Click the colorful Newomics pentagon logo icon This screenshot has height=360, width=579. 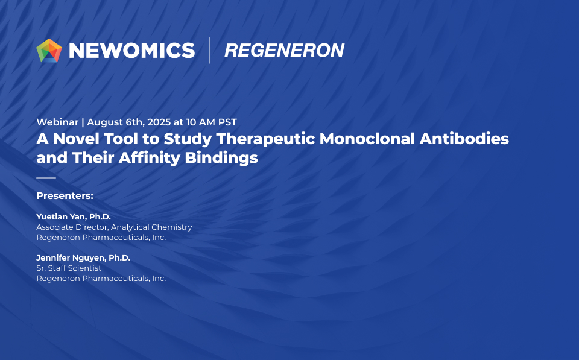[49, 50]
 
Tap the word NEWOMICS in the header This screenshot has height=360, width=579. [132, 51]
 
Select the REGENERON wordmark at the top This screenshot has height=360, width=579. [284, 51]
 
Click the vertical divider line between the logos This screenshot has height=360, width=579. [210, 50]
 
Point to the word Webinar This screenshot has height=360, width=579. [57, 122]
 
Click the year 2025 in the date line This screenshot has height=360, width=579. [159, 122]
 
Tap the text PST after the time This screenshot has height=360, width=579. [227, 122]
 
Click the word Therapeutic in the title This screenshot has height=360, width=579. [266, 139]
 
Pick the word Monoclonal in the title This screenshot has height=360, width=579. [367, 139]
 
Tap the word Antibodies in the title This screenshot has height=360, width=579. [464, 139]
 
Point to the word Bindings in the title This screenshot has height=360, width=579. [221, 158]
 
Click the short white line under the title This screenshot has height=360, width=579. [46, 178]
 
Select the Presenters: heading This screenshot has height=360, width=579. [65, 196]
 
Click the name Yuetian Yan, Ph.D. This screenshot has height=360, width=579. [74, 216]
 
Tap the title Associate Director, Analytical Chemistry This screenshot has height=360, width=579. [114, 227]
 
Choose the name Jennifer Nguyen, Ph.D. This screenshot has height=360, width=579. [83, 257]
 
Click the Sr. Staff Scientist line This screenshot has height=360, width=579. [69, 268]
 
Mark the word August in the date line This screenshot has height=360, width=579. [105, 122]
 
